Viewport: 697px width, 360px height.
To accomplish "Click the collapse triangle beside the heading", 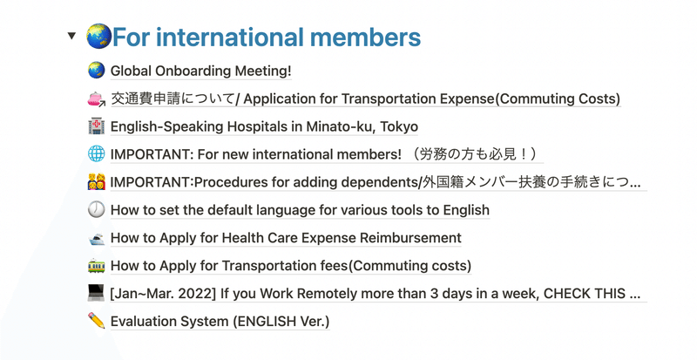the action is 71,36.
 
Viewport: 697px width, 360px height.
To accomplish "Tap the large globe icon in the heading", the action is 98,37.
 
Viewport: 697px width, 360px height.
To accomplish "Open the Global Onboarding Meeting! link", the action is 201,71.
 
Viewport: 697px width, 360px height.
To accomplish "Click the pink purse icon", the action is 96,98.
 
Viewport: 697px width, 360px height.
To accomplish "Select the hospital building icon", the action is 96,126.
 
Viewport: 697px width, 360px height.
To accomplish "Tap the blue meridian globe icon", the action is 96,154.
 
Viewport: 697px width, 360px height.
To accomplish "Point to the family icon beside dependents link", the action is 97,182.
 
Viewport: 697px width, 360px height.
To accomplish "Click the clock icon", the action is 96,209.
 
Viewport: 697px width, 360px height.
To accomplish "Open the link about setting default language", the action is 300,210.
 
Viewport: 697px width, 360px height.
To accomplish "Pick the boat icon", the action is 96,238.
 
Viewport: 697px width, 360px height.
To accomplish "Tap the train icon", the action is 96,266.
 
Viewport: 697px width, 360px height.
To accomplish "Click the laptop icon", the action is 96,293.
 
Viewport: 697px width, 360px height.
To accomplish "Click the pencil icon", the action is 96,321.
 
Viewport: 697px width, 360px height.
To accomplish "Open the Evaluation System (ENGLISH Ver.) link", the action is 220,322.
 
